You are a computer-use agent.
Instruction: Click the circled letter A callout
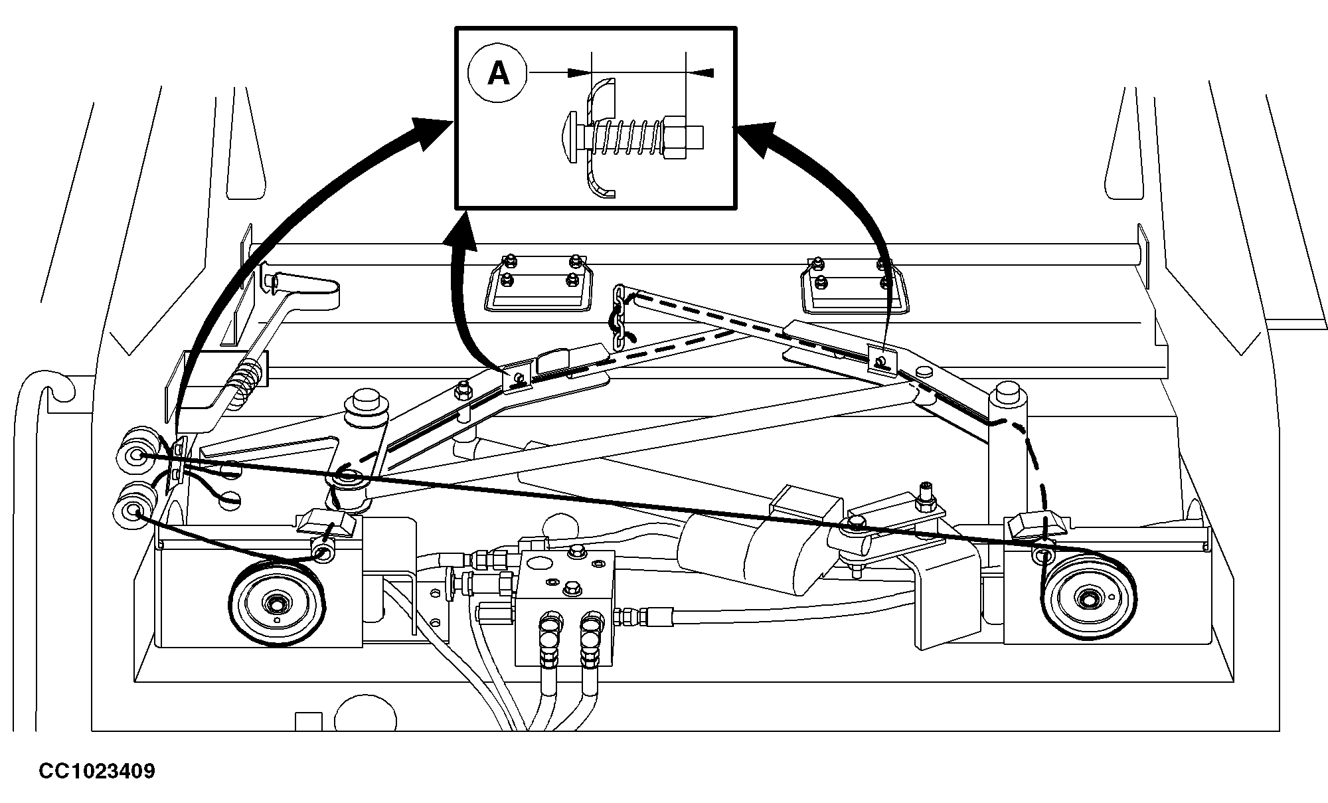point(498,73)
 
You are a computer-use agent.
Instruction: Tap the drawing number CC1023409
point(97,771)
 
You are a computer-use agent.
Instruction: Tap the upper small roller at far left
point(137,456)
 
